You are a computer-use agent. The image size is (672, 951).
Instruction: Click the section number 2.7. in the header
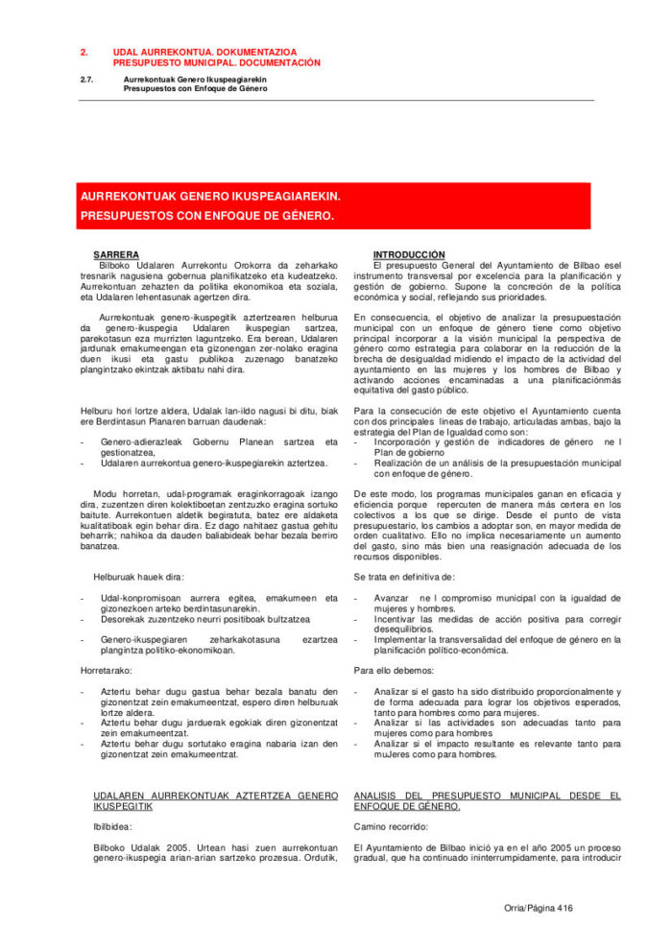(86, 79)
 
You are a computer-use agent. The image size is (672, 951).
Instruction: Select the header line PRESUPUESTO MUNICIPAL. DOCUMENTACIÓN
(216, 62)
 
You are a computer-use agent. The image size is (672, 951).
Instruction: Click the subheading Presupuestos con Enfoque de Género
(195, 87)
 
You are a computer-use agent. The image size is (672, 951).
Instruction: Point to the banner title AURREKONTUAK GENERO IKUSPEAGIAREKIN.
(210, 195)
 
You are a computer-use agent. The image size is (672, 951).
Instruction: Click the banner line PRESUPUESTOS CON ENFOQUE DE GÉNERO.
(207, 215)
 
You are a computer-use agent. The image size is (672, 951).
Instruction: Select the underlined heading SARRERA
(116, 254)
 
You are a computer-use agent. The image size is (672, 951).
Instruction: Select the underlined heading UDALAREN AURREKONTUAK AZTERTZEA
(215, 796)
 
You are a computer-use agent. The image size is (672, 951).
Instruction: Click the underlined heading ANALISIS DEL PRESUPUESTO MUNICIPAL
(487, 796)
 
